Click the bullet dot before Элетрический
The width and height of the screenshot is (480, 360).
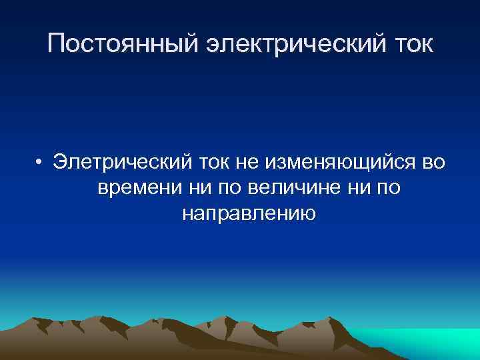point(41,162)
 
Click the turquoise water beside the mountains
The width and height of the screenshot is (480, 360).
point(427,340)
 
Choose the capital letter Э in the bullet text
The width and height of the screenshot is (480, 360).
point(61,162)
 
